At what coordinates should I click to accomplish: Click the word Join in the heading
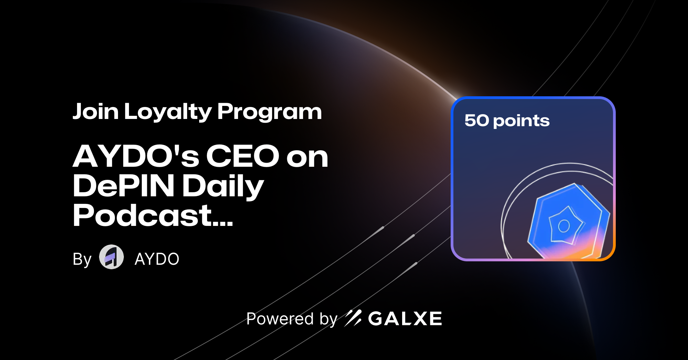pyautogui.click(x=96, y=112)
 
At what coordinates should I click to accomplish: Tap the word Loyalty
pyautogui.click(x=168, y=112)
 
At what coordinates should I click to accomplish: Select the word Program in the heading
pyautogui.click(x=269, y=112)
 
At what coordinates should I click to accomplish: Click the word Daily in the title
pyautogui.click(x=223, y=187)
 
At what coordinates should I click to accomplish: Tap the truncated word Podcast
pyautogui.click(x=142, y=216)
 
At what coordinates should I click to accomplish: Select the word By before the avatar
pyautogui.click(x=82, y=259)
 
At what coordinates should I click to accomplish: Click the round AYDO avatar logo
pyautogui.click(x=111, y=257)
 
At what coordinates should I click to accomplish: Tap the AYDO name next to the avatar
pyautogui.click(x=157, y=259)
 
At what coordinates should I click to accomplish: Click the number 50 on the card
pyautogui.click(x=477, y=120)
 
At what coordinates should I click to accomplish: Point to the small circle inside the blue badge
pyautogui.click(x=564, y=226)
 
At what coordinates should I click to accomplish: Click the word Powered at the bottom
pyautogui.click(x=280, y=319)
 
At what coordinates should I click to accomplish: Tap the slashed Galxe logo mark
pyautogui.click(x=353, y=318)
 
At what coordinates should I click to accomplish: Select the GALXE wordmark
pyautogui.click(x=405, y=319)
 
